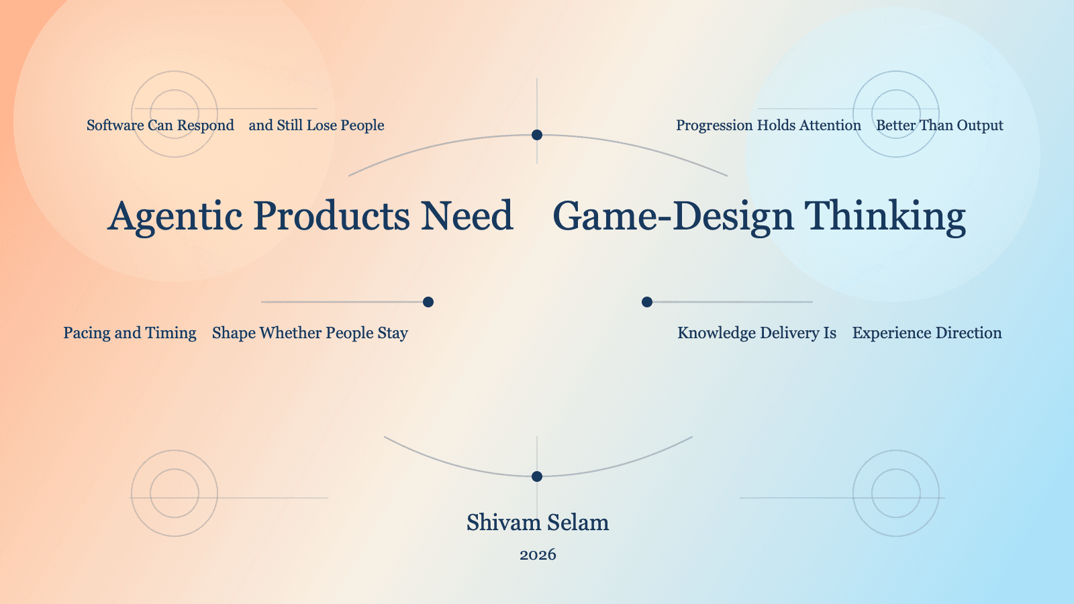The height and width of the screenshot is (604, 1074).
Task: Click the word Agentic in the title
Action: tap(175, 217)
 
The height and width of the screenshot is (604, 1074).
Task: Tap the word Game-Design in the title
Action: tap(673, 217)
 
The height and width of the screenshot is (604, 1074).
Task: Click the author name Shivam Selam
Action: tap(538, 522)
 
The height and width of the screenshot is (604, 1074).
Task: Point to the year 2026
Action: tap(538, 554)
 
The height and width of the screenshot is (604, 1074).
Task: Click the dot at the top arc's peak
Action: tap(537, 135)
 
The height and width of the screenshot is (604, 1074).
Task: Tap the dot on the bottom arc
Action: tap(537, 476)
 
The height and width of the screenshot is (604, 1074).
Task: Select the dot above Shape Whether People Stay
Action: tap(428, 302)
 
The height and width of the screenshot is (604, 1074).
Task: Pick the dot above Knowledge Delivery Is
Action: tap(647, 302)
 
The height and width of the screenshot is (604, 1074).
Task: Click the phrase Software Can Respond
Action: tap(160, 125)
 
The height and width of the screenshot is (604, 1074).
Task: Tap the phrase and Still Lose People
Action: tap(316, 125)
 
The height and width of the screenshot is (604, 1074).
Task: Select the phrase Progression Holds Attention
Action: tap(768, 125)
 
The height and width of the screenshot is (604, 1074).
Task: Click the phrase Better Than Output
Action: tap(939, 125)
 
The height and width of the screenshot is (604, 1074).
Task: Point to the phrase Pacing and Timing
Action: tap(130, 333)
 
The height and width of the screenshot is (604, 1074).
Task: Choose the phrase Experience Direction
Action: tap(926, 333)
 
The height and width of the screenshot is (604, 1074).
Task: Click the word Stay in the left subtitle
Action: tap(393, 334)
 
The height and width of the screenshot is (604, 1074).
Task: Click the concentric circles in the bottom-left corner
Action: tap(175, 493)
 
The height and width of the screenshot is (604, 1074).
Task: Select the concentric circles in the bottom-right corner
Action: tap(896, 493)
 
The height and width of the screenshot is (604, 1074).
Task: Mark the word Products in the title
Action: tap(332, 217)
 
